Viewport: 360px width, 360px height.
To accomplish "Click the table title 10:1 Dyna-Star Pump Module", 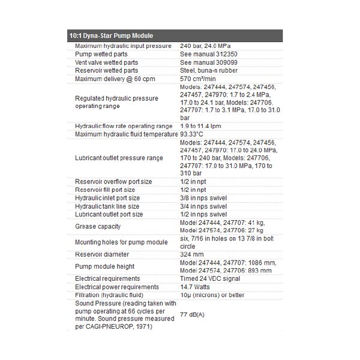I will point(107,36).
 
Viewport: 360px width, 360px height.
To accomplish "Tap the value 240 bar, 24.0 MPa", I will point(205,46).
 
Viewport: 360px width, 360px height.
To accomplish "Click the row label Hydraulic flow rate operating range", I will point(123,126).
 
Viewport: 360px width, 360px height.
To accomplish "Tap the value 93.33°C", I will point(193,134).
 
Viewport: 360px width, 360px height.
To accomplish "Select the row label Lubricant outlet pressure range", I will point(119,158).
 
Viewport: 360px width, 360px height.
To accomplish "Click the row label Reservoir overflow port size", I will point(113,182).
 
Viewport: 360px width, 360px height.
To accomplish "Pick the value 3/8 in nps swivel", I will point(203,198).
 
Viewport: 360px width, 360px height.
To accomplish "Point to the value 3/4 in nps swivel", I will point(203,206).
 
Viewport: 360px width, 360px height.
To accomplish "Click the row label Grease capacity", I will point(98,226).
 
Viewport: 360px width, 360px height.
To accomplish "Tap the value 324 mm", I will point(193,254).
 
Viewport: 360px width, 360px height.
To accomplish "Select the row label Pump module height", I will point(105,266).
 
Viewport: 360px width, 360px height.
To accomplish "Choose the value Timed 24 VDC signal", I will point(211,278).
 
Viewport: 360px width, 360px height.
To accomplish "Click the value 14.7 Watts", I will point(196,287).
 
